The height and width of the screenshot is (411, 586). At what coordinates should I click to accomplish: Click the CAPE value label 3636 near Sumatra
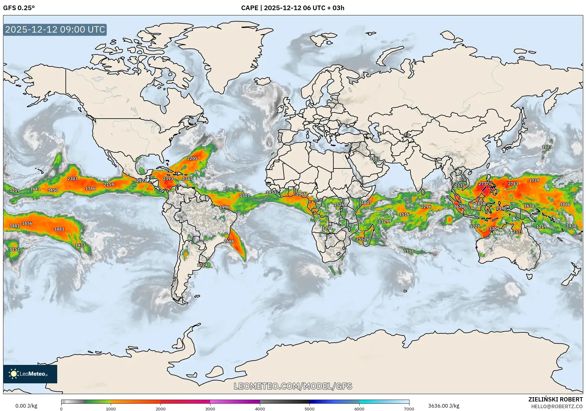[x=458, y=206]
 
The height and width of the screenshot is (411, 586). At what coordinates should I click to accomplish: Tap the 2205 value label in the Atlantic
[x=192, y=158]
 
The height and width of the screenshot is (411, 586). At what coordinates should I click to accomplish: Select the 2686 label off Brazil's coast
[x=229, y=241]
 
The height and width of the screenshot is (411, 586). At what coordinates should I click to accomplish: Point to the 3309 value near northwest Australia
[x=494, y=229]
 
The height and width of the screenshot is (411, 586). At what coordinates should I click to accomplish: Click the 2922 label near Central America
[x=142, y=181]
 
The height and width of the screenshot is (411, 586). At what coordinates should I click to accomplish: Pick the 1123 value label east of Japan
[x=547, y=147]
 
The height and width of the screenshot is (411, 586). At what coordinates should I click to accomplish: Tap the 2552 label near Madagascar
[x=361, y=239]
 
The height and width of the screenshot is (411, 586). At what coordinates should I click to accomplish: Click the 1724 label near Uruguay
[x=202, y=265]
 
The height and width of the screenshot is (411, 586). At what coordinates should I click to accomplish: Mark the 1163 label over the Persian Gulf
[x=375, y=158]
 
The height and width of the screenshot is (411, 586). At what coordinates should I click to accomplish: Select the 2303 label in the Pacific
[x=73, y=179]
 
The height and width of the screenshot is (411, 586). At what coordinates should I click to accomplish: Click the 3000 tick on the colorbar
[x=210, y=409]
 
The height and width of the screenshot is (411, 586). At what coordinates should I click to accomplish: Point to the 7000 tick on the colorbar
[x=409, y=409]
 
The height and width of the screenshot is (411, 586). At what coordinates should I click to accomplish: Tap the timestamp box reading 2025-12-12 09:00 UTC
[x=55, y=30]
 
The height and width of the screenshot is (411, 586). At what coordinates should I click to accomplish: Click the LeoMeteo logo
[x=30, y=374]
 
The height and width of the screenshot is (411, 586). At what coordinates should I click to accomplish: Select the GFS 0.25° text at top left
[x=19, y=8]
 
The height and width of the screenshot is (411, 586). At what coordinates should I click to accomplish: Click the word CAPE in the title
[x=249, y=8]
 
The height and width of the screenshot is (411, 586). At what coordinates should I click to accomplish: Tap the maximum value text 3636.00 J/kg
[x=444, y=406]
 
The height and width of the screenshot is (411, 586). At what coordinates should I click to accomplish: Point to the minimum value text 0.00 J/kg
[x=26, y=406]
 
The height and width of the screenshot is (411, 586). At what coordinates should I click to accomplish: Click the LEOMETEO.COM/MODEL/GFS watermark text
[x=293, y=386]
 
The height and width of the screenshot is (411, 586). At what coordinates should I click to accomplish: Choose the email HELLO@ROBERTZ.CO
[x=557, y=406]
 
